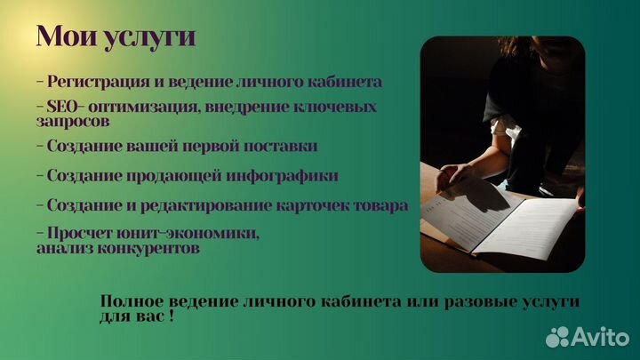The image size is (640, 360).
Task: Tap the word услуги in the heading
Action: [x=147, y=38]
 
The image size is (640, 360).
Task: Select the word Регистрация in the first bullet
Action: [x=93, y=82]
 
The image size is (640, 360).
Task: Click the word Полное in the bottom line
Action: [x=132, y=301]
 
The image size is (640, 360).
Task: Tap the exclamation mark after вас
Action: [x=170, y=317]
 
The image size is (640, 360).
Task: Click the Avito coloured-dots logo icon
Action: [x=557, y=336]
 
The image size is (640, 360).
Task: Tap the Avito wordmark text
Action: [x=599, y=336]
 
